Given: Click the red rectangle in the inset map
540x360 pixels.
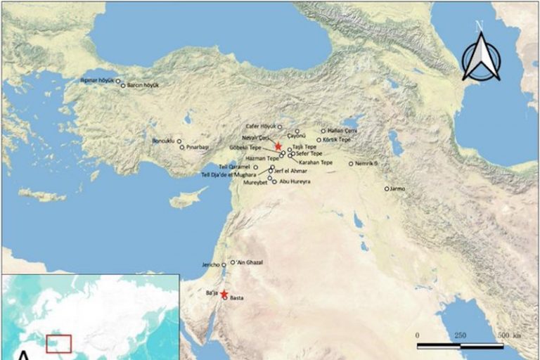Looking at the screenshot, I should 59,344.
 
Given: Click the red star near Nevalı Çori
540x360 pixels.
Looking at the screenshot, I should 278,146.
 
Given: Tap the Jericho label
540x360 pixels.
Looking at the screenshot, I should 211,265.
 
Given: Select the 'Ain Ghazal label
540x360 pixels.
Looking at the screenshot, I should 249,262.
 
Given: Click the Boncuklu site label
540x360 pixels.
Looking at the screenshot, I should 163,141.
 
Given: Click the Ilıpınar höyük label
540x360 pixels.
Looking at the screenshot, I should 98,81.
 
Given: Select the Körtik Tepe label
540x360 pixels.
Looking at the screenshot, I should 335,140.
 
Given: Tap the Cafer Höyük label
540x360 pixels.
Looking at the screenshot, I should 261,127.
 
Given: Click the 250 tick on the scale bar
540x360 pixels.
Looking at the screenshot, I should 460,335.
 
